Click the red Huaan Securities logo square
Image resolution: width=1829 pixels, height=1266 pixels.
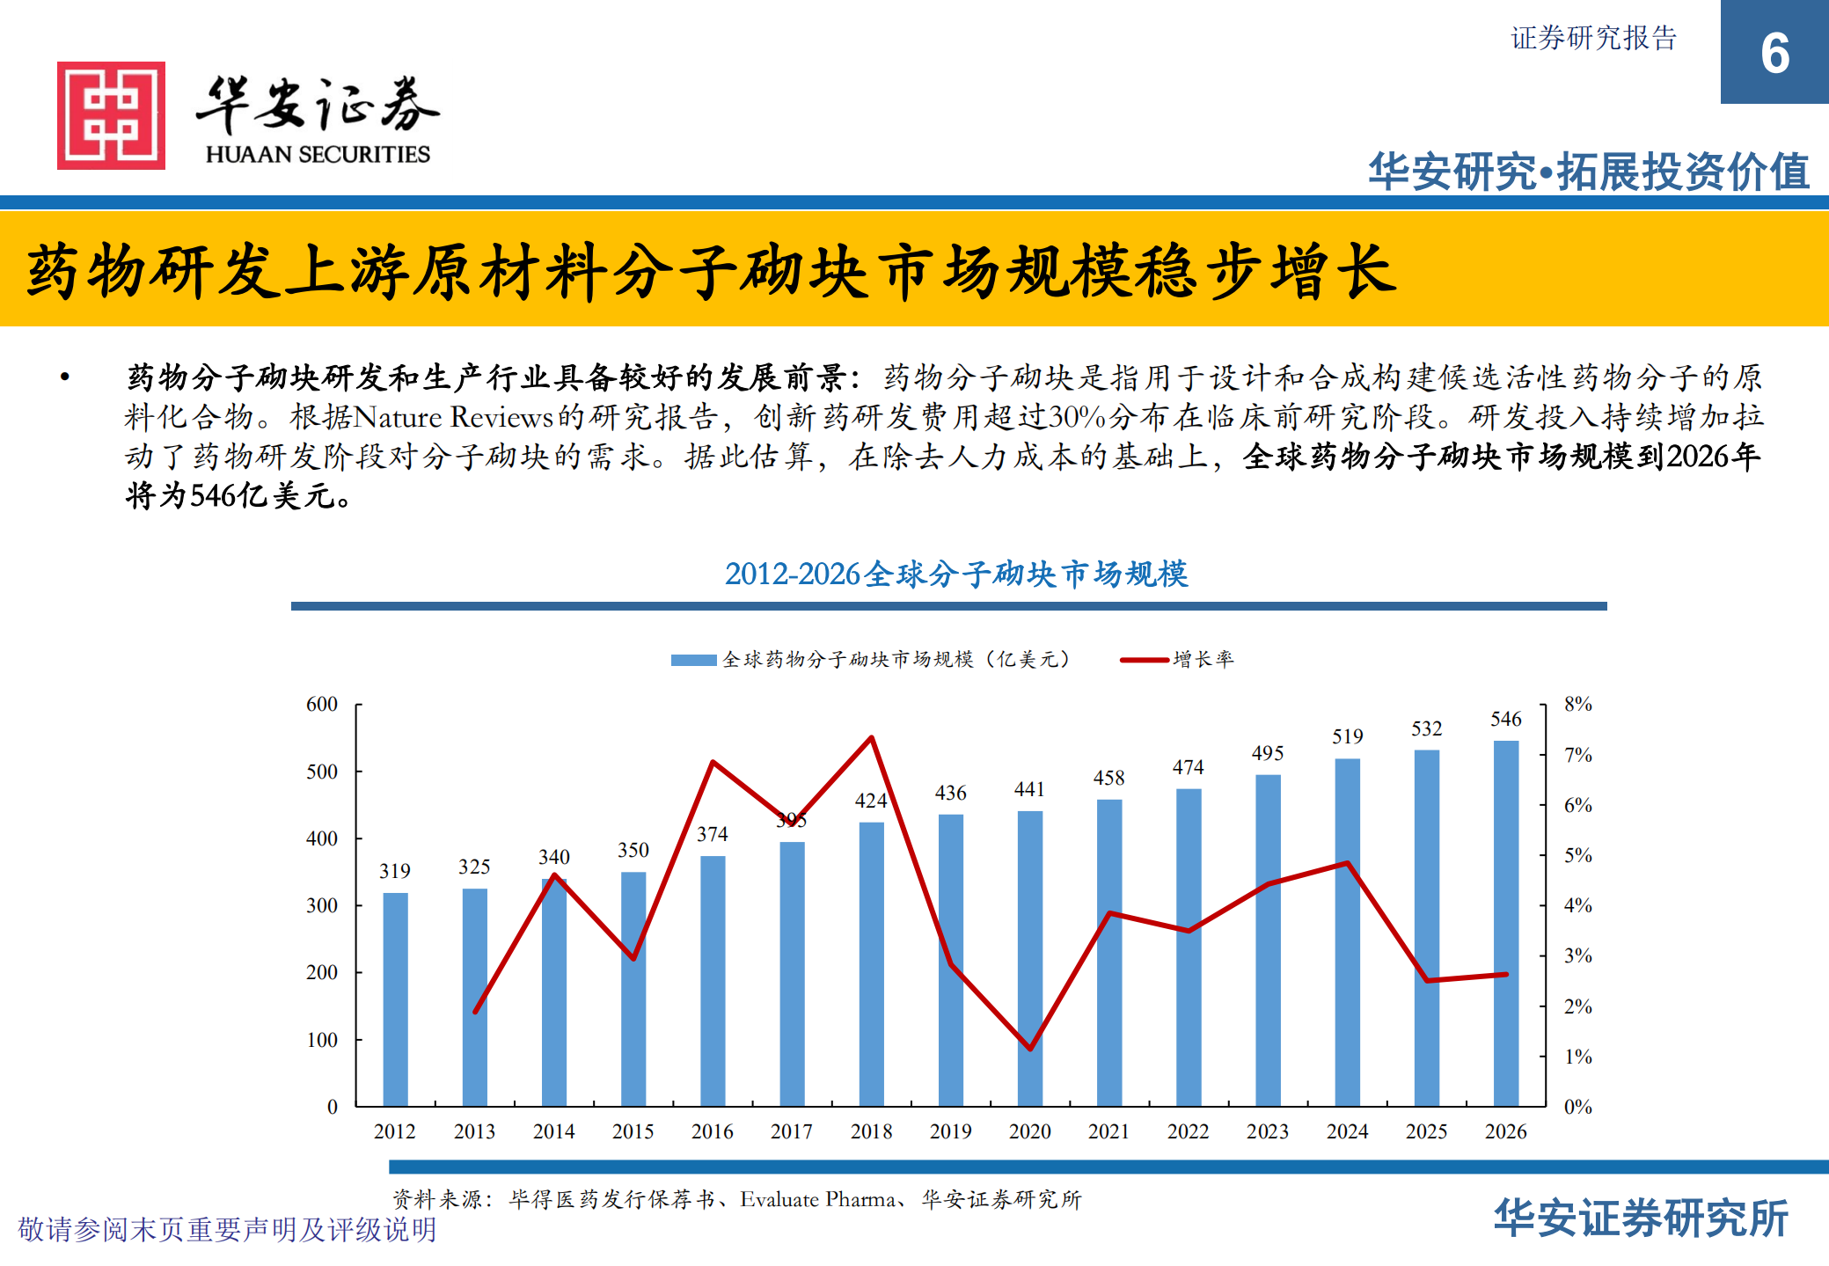[111, 115]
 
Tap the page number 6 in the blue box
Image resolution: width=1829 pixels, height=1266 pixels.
[1774, 54]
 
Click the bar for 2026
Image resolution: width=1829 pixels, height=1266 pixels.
[1505, 923]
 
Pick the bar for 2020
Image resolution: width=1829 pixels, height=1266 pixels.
[1029, 958]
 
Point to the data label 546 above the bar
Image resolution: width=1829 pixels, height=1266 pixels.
[1505, 720]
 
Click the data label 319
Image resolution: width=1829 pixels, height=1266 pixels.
[395, 871]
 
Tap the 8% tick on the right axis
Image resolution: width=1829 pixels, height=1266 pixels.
[1577, 705]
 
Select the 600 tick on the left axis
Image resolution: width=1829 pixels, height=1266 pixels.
[322, 705]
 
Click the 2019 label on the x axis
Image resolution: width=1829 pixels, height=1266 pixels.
[950, 1131]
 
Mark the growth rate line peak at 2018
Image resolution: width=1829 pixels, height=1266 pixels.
[871, 737]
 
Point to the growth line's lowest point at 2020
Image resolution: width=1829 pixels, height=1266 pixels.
[1029, 1049]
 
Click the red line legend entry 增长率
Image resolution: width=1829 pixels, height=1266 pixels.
[1203, 659]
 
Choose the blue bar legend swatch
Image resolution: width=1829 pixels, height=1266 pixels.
[693, 660]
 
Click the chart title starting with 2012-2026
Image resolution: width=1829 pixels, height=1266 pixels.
[956, 574]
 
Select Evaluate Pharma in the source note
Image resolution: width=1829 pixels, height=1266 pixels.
[817, 1199]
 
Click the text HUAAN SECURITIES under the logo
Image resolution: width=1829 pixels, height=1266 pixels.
[318, 155]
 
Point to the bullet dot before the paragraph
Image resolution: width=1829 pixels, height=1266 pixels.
[64, 377]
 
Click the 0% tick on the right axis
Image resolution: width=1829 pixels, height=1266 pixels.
[1577, 1107]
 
